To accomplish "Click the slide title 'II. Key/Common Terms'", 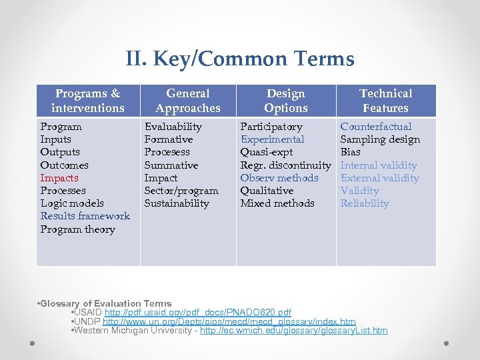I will coord(239,59).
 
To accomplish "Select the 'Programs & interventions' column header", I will coord(88,101).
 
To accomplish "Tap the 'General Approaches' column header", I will coord(188,101).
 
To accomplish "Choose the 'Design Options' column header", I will coord(285,101).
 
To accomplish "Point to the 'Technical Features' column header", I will coord(385,101).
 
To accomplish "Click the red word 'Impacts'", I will coord(59,178).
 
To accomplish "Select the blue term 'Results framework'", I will coord(85,216).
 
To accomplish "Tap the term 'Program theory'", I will coord(77,229).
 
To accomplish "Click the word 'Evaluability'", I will coord(173,127).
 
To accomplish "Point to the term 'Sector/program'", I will coord(181,191).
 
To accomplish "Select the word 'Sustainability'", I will coord(177,203).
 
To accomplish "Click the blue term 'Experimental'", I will coord(272,139).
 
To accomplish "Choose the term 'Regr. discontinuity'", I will coord(285,165).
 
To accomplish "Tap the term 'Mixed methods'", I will coord(277,203).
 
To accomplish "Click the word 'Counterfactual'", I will coord(375,127).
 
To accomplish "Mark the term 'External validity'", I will coord(379,178).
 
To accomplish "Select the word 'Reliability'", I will coord(364,203).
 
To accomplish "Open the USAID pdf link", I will coord(197,313).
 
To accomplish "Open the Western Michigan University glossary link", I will coord(293,331).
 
